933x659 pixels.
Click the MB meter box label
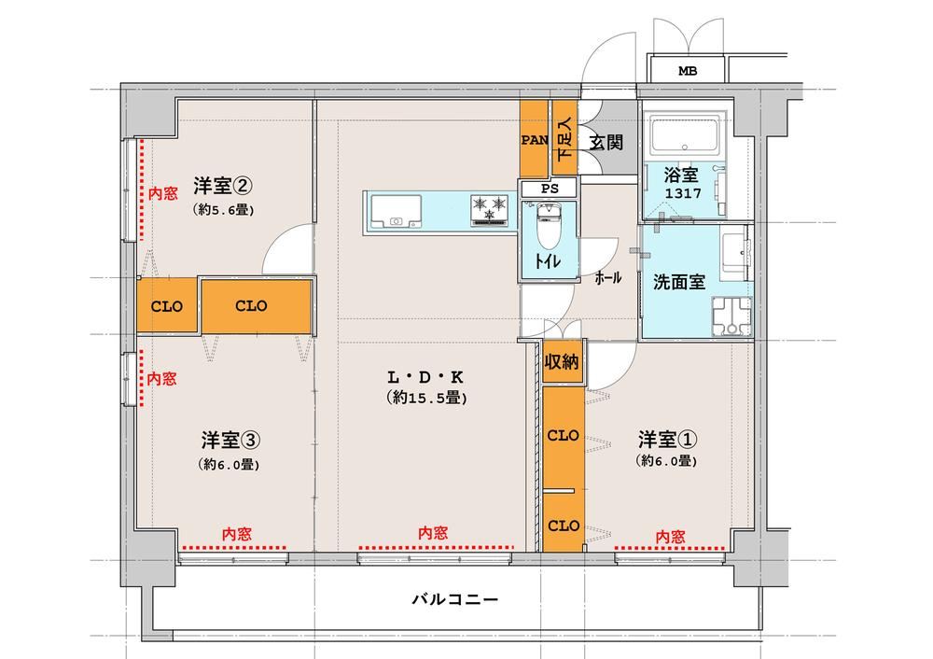[x=688, y=72]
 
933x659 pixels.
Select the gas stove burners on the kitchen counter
[x=491, y=210]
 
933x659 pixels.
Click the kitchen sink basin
[x=395, y=212]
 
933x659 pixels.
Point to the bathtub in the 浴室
[x=688, y=137]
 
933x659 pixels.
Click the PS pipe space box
[x=550, y=189]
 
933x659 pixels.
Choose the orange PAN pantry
[x=534, y=140]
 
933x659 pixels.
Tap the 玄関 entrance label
[x=606, y=142]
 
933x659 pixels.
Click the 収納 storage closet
[x=562, y=360]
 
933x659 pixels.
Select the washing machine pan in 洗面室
[x=731, y=315]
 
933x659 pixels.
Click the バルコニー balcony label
[x=455, y=599]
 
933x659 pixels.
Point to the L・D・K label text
[x=425, y=377]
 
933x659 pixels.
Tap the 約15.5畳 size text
[x=426, y=398]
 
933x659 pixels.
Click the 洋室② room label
[x=223, y=187]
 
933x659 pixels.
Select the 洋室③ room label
[x=230, y=441]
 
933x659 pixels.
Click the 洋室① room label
[x=668, y=440]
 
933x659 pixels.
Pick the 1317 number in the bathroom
[x=683, y=193]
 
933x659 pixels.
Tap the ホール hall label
[x=608, y=277]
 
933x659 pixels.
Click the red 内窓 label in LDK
[x=433, y=533]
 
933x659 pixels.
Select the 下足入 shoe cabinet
[x=564, y=138]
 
